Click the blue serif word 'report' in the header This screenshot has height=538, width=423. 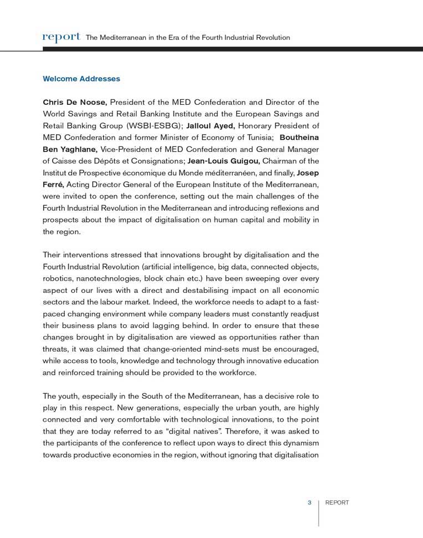(62, 37)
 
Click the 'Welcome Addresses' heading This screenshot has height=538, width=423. (81, 79)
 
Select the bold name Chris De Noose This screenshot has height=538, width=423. (75, 102)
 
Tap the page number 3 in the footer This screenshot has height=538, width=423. (309, 503)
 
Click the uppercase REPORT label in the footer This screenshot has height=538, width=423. (337, 503)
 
